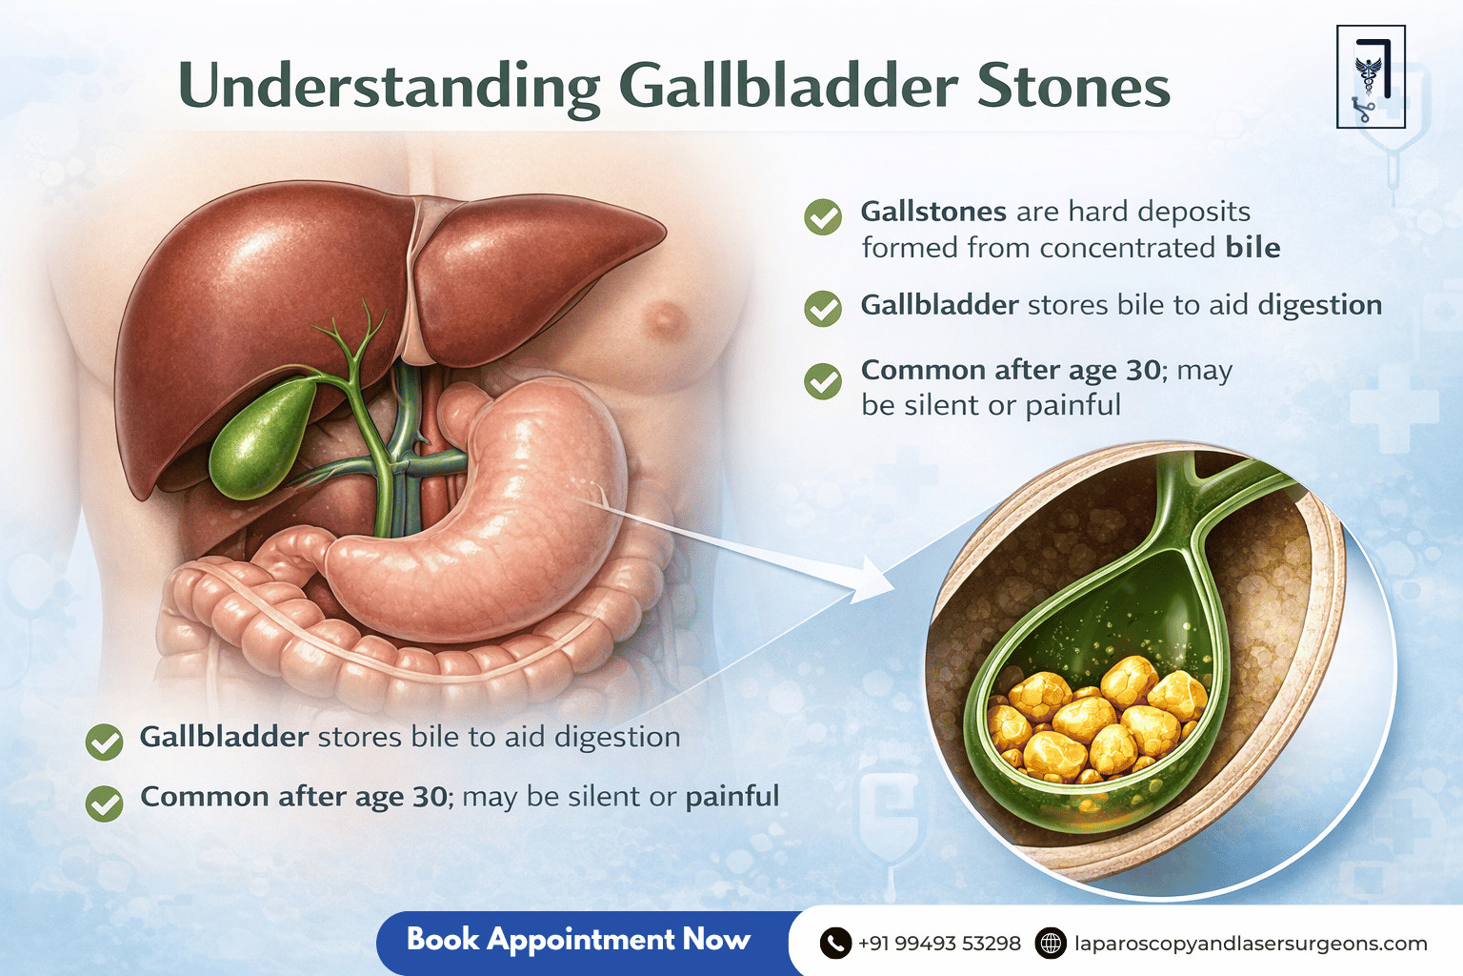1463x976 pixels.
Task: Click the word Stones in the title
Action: point(1073,87)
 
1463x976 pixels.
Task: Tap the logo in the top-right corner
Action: point(1371,77)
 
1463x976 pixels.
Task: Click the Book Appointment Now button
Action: point(578,940)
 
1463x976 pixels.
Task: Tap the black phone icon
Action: point(835,944)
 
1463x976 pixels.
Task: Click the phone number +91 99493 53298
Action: point(939,944)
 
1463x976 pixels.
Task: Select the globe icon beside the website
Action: point(1051,944)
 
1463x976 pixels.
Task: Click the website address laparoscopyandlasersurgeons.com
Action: point(1251,944)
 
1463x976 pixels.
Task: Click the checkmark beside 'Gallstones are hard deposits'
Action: point(823,217)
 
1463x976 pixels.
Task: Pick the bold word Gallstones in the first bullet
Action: point(933,212)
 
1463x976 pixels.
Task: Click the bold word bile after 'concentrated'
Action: point(1253,248)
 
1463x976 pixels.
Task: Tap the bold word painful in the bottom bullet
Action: point(732,796)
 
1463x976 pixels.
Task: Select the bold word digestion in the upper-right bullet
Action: point(1319,305)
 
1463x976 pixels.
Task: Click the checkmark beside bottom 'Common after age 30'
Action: point(105,803)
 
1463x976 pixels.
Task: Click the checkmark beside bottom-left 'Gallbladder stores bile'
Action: point(105,742)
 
